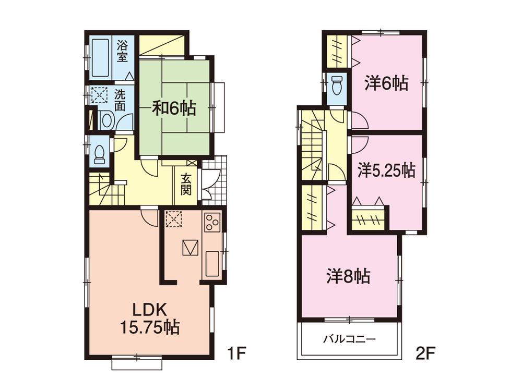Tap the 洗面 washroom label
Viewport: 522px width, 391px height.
point(121,101)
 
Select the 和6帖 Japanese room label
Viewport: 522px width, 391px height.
point(174,108)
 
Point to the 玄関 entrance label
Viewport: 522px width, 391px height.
point(186,184)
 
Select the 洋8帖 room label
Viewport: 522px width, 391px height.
point(349,276)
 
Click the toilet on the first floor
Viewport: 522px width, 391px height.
point(99,152)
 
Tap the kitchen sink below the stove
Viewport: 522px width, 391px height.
point(212,264)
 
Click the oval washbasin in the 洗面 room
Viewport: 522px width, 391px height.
point(106,121)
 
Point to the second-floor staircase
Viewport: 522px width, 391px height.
point(313,146)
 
